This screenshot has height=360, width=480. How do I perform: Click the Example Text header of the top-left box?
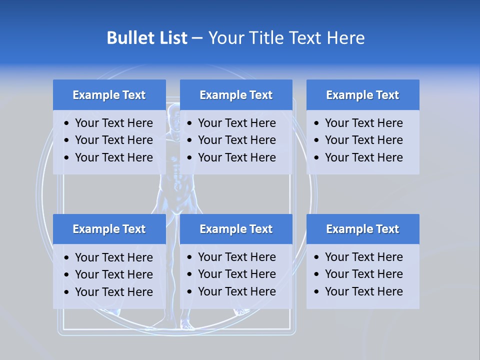109,95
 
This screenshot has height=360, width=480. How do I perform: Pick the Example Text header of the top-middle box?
236,95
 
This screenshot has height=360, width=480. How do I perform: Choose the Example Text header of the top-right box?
362,95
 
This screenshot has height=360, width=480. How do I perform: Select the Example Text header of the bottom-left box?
109,229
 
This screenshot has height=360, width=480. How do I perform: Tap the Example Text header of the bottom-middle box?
236,229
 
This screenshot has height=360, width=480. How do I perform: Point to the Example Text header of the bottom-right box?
362,229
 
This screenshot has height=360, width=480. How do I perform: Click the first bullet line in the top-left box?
113,123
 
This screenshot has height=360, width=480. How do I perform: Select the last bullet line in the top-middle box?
236,157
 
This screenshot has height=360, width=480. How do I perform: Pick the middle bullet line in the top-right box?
363,140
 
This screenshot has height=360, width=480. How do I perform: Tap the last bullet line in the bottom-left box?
113,292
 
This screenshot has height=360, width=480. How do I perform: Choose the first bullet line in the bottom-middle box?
236,257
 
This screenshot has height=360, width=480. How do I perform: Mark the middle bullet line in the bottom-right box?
363,274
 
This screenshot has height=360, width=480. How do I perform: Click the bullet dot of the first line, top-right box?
316,123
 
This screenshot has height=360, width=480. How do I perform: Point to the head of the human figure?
173,112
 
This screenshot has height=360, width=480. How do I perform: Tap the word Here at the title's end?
345,38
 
